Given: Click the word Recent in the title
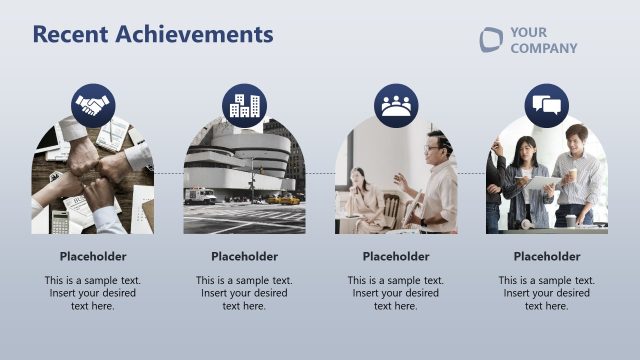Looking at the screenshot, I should [x=71, y=34].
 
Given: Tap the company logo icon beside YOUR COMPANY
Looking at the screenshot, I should [x=491, y=40].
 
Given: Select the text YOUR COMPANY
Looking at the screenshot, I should [x=543, y=40].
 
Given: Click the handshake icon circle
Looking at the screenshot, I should [x=93, y=105].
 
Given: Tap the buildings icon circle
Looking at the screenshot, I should [x=244, y=105].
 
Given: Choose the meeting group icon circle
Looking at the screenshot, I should [x=396, y=105].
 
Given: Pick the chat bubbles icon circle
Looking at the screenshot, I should [x=547, y=105].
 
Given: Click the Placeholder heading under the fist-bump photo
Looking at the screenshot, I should [x=93, y=256].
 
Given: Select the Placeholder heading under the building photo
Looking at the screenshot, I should [x=244, y=256].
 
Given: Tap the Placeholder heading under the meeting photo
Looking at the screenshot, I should [x=396, y=256].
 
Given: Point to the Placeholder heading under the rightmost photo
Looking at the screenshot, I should [x=547, y=256].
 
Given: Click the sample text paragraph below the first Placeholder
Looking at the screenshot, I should [x=93, y=293].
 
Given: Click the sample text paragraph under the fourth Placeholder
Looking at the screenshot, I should [x=547, y=293].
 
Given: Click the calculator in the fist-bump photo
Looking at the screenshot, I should [x=60, y=221].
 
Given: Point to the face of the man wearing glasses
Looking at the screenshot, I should [x=432, y=147].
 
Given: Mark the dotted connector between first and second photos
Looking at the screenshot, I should [x=168, y=173].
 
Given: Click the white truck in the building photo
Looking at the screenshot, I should [x=199, y=195].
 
